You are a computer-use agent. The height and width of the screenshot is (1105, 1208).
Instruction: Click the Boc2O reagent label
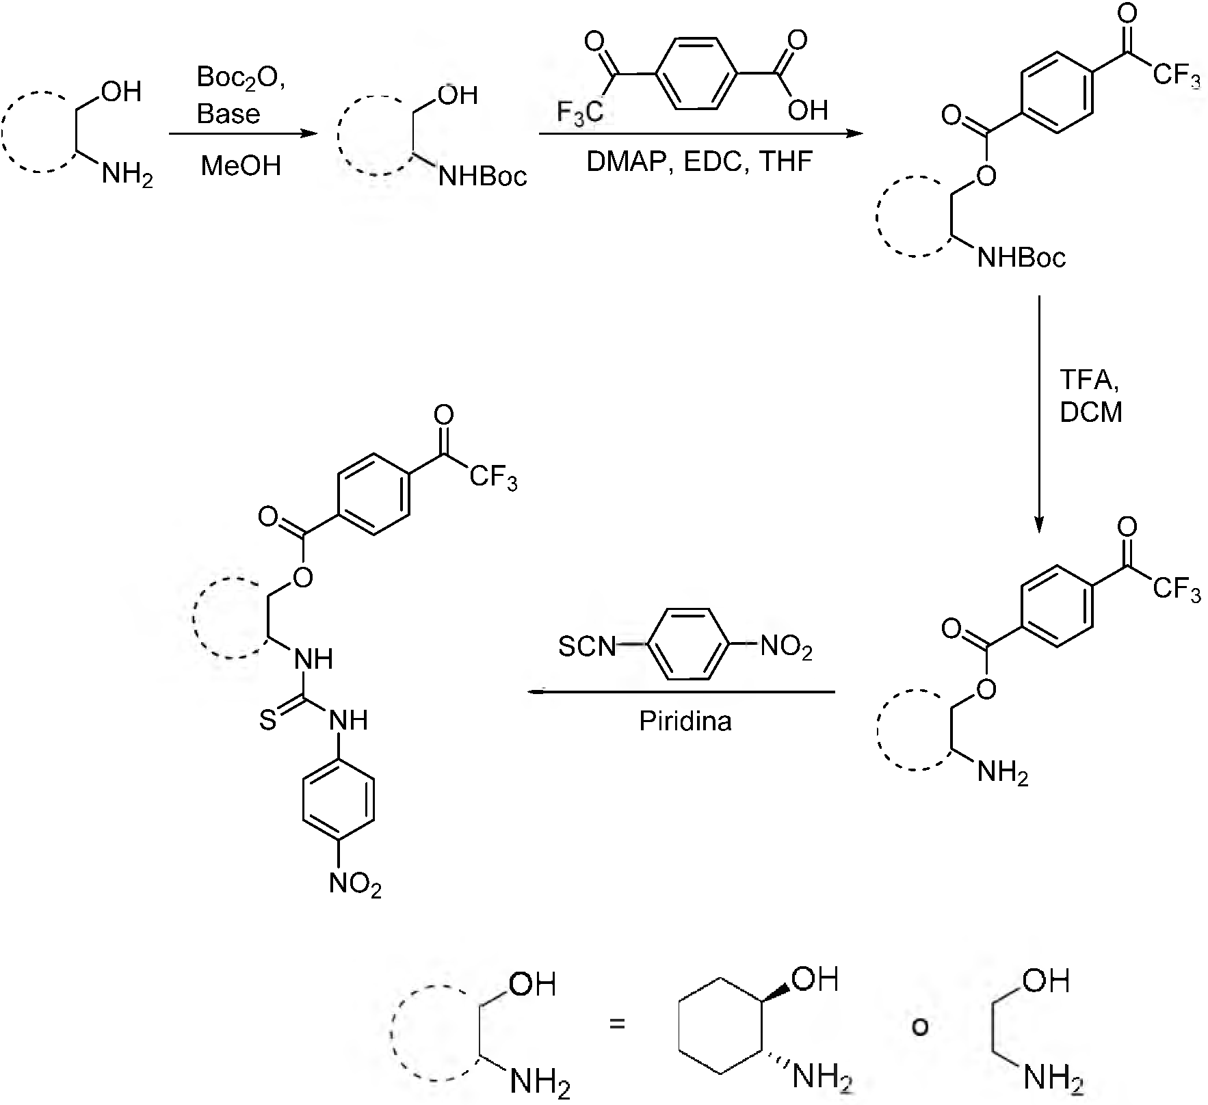tap(240, 78)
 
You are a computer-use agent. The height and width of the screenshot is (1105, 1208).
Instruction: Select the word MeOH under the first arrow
tap(241, 166)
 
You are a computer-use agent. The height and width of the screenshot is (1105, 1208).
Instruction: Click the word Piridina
tap(685, 721)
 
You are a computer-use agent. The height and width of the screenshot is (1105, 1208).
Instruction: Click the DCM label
tap(1091, 412)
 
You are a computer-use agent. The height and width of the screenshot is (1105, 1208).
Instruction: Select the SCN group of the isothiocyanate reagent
tap(587, 646)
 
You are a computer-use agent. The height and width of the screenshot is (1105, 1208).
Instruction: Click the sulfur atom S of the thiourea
tap(267, 721)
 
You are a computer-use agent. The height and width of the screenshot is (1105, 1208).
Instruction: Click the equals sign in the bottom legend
tap(618, 1024)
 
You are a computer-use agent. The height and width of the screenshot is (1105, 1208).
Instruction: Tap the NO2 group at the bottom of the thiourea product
tap(355, 885)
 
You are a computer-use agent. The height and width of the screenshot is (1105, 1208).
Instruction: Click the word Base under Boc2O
tap(228, 114)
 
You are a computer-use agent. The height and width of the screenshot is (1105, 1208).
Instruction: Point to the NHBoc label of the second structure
tap(483, 177)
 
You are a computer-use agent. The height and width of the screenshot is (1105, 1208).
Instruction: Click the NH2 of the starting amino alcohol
tap(127, 176)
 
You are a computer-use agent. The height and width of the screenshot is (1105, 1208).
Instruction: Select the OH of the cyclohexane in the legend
tap(815, 980)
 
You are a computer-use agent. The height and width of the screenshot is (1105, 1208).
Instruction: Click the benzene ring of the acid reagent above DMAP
tap(697, 72)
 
